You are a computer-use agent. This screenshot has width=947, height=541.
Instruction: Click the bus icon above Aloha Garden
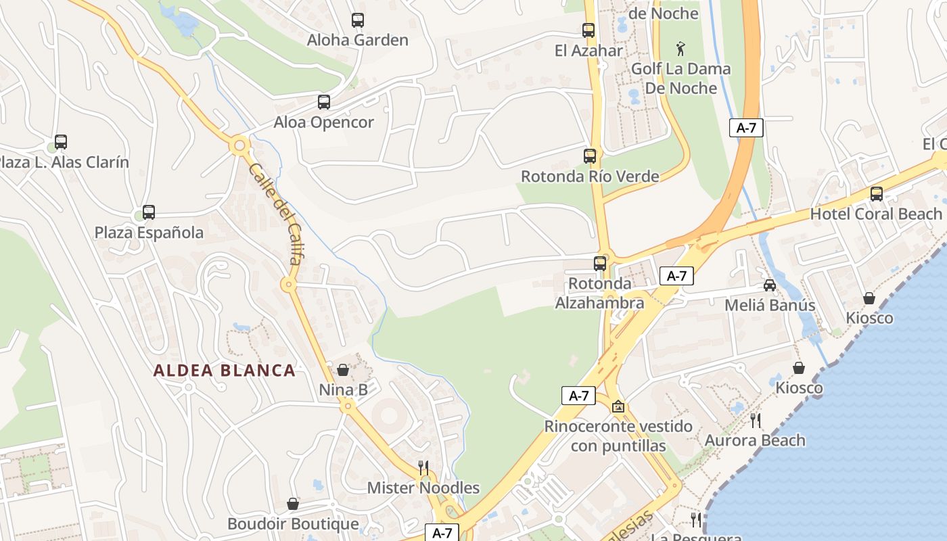pyautogui.click(x=357, y=20)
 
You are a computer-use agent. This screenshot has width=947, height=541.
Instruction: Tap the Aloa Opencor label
pyautogui.click(x=323, y=122)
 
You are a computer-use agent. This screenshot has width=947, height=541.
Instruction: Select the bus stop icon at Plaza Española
pyautogui.click(x=148, y=212)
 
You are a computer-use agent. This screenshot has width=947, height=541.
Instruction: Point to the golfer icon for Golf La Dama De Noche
pyautogui.click(x=680, y=49)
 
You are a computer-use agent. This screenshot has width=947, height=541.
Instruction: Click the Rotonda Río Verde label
pyautogui.click(x=589, y=177)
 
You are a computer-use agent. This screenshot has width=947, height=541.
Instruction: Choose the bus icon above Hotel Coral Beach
pyautogui.click(x=876, y=194)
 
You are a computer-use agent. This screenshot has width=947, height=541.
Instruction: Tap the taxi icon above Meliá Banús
pyautogui.click(x=770, y=285)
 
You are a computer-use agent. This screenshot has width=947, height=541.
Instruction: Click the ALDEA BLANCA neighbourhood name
pyautogui.click(x=224, y=371)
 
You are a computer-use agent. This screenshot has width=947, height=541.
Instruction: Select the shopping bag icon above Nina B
pyautogui.click(x=343, y=370)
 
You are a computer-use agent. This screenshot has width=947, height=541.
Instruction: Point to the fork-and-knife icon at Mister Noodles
pyautogui.click(x=423, y=467)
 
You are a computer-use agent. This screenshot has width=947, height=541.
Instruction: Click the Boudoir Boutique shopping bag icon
pyautogui.click(x=293, y=504)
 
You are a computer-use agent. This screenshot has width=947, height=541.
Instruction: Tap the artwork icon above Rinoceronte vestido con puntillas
pyautogui.click(x=618, y=406)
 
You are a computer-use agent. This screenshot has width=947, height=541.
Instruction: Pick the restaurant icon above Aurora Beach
pyautogui.click(x=756, y=420)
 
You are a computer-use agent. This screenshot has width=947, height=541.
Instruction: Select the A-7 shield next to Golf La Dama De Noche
pyautogui.click(x=746, y=128)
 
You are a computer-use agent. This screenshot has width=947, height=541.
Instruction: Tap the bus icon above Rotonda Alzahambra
pyautogui.click(x=600, y=263)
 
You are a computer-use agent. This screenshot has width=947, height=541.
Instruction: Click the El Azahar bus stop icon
pyautogui.click(x=588, y=30)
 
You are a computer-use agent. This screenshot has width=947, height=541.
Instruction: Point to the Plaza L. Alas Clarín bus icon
pyautogui.click(x=61, y=142)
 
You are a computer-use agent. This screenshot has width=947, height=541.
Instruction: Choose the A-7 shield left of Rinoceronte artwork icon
pyautogui.click(x=578, y=396)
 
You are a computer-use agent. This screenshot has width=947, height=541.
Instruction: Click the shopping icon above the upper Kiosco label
pyautogui.click(x=869, y=298)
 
